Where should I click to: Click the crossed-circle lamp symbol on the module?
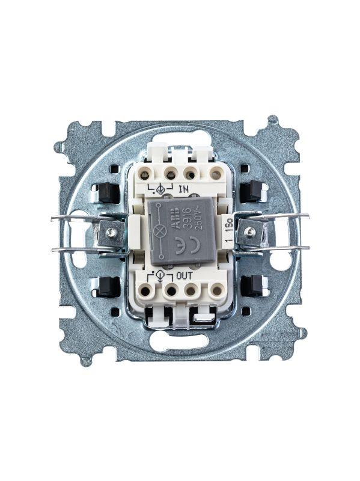160,231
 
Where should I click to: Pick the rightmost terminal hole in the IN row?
215,174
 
